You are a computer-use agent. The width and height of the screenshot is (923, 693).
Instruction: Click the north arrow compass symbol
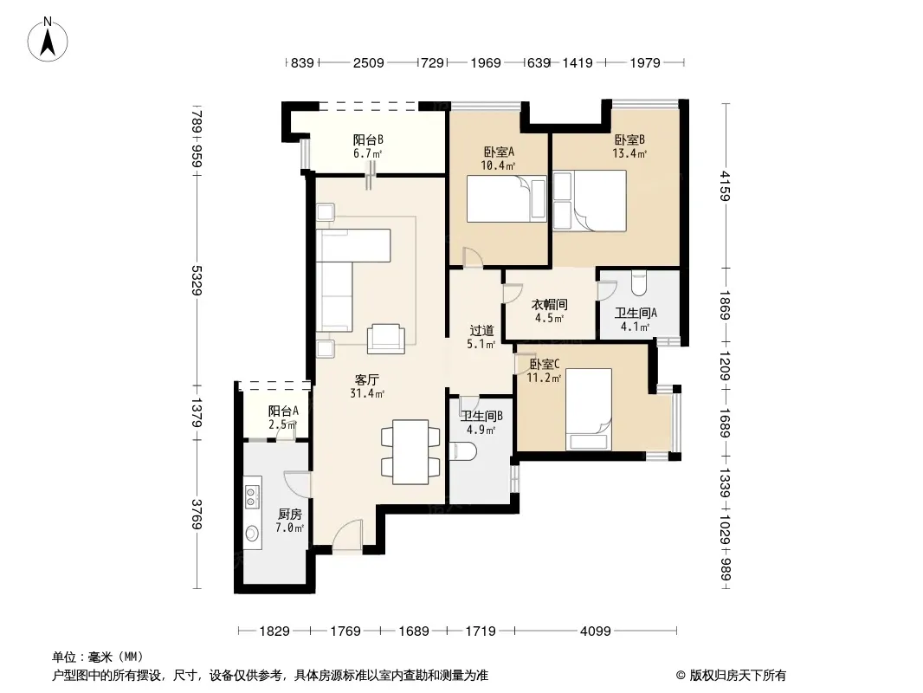48,39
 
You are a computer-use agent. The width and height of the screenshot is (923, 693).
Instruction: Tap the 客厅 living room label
367,379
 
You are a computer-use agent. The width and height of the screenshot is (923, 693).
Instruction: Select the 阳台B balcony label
368,139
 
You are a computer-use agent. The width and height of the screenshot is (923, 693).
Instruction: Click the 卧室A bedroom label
499,152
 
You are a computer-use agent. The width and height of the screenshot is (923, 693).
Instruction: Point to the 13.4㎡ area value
629,153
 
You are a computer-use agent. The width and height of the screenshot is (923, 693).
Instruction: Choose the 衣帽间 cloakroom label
549,304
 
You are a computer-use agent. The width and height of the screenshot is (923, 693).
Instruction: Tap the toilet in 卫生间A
638,282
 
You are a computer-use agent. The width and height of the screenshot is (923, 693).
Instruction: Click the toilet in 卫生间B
461,451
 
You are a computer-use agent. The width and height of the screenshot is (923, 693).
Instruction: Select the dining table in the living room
410,451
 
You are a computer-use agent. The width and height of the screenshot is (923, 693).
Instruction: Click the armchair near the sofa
385,340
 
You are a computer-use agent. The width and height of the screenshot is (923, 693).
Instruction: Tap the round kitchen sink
253,534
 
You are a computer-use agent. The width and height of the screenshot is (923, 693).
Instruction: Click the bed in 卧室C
589,410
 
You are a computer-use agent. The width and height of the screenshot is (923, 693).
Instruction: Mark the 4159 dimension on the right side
726,185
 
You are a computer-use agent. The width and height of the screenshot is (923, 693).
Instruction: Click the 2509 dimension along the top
369,62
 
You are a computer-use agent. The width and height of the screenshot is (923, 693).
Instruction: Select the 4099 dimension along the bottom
595,631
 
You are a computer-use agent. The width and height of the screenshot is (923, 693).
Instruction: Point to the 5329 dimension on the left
197,281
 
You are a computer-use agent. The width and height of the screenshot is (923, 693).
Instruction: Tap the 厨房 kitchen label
289,514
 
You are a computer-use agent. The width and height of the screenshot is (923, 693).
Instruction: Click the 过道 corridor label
481,330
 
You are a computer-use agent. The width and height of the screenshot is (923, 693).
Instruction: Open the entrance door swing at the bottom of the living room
346,536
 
